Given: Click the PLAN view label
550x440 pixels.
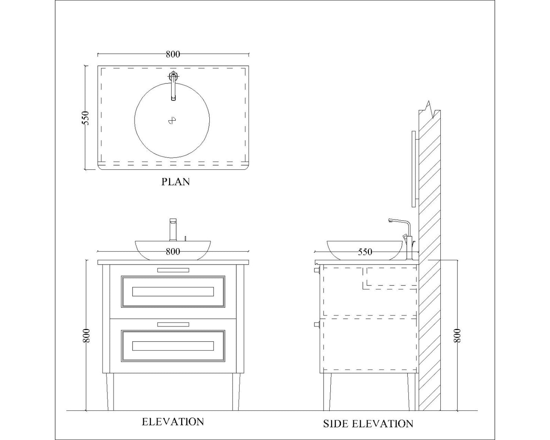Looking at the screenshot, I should [x=175, y=182].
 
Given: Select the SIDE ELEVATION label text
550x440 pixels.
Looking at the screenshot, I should [x=368, y=424].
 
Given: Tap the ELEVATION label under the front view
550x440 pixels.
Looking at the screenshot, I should [x=173, y=421].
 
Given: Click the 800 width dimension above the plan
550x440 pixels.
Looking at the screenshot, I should [x=173, y=54].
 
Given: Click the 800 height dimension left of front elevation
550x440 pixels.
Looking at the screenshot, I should [x=87, y=335].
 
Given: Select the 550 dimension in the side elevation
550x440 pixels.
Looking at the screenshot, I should [x=365, y=252].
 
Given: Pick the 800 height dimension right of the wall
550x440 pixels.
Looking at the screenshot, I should [x=457, y=335].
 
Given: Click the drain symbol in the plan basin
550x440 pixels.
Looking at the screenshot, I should [x=172, y=121].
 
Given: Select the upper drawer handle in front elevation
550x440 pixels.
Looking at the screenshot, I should [x=173, y=270].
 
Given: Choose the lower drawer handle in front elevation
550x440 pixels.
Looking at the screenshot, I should [x=173, y=324].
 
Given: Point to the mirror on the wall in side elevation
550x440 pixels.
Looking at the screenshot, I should [x=414, y=169].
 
